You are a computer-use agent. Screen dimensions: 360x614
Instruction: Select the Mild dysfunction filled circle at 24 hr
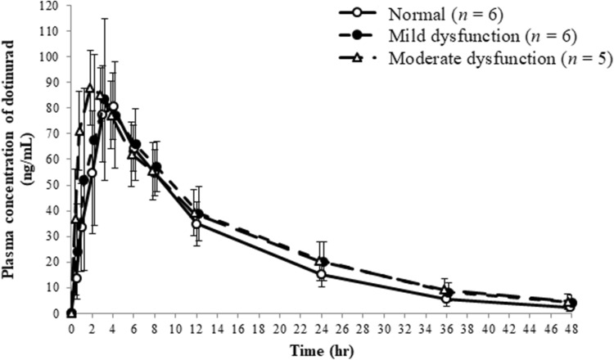pos(325,263)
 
